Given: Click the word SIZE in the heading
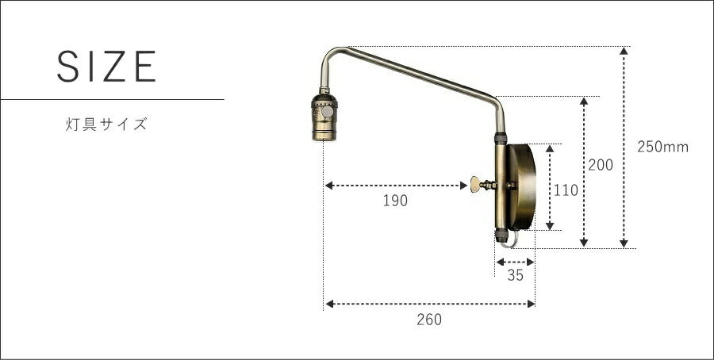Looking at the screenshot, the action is (x=106, y=67).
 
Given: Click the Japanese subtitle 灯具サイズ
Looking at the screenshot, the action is (x=106, y=124).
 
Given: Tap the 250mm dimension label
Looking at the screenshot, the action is (x=662, y=147).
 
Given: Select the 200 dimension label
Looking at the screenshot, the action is (x=601, y=165).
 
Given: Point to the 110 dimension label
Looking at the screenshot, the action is (x=566, y=190).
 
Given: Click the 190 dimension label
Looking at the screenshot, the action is (x=395, y=201).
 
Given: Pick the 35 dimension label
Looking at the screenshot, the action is (x=515, y=275).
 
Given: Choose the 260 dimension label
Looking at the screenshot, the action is (x=429, y=320).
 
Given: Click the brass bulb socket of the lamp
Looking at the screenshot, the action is (x=324, y=117).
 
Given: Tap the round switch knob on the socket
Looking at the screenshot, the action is (x=327, y=112).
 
